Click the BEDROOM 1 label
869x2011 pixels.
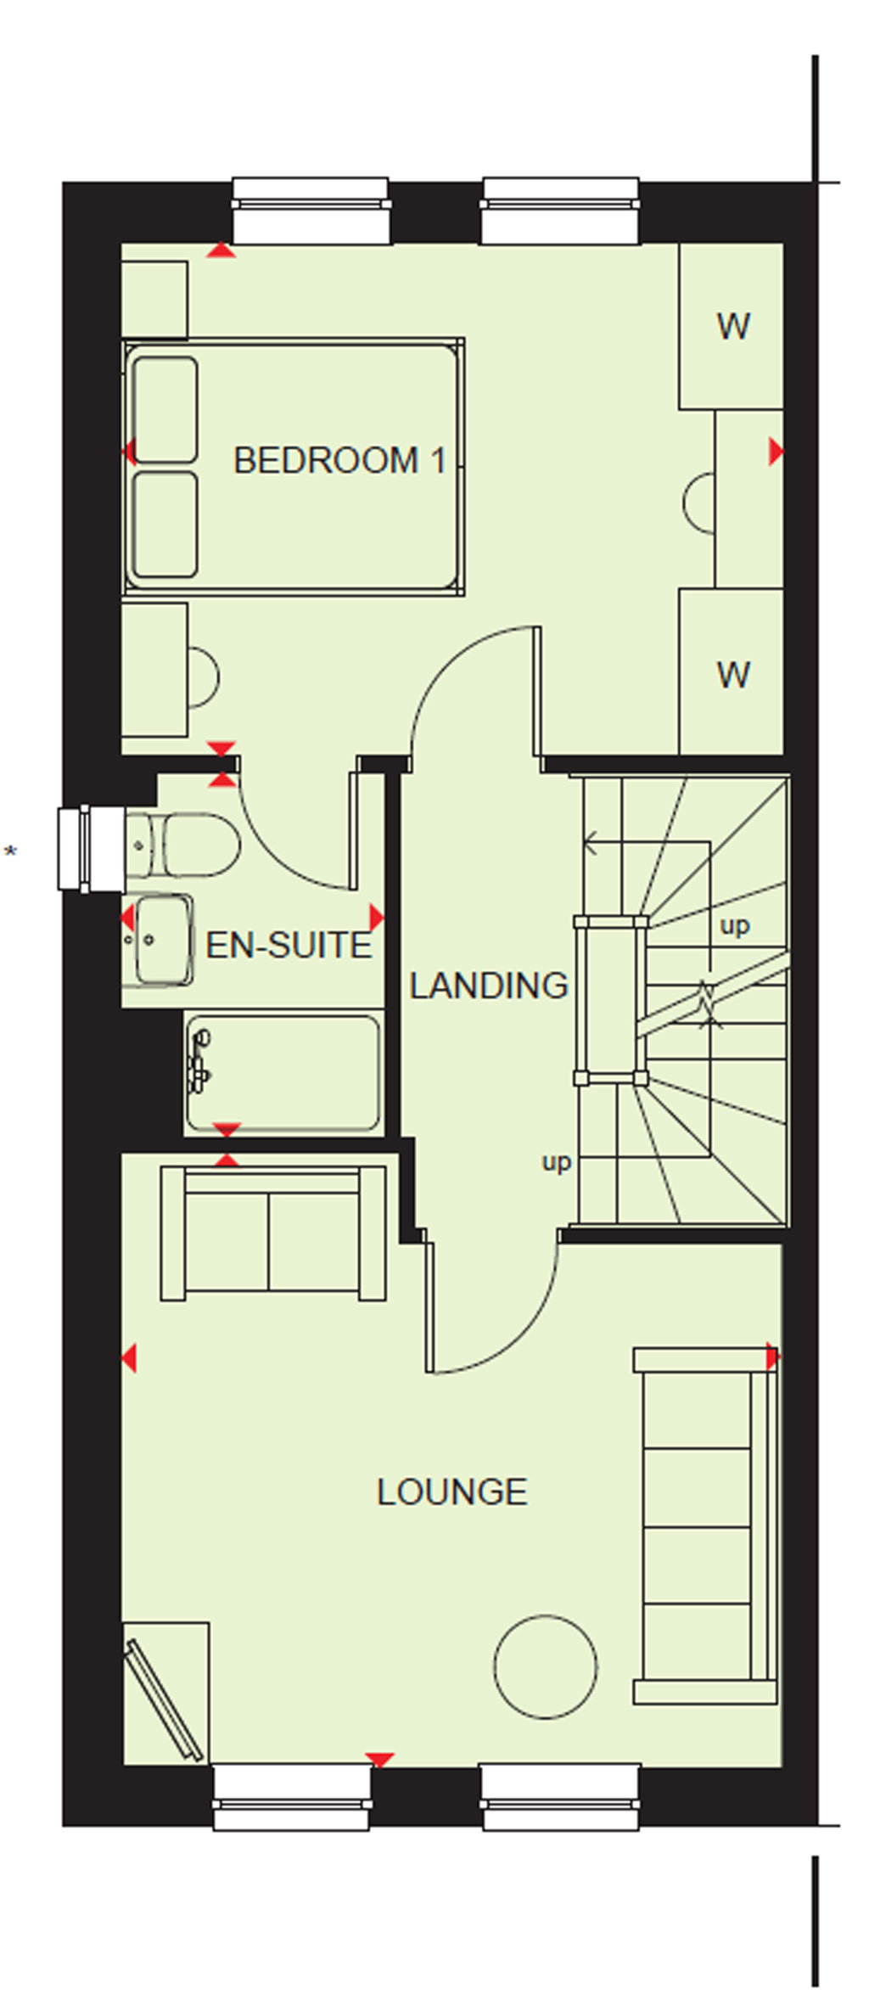point(339,460)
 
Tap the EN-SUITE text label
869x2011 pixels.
point(289,945)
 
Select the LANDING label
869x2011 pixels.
point(489,986)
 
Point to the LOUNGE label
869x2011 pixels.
point(451,1491)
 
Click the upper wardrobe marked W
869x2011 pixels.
point(731,326)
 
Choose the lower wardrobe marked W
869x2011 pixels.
point(731,671)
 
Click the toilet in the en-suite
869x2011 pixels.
point(182,845)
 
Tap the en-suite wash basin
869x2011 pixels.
point(158,940)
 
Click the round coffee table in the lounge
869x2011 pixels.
point(546,1666)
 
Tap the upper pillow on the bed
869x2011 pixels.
point(165,409)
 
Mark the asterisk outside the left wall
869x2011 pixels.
point(10,850)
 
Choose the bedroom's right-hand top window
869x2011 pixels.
point(560,211)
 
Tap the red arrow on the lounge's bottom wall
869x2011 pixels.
point(379,1760)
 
